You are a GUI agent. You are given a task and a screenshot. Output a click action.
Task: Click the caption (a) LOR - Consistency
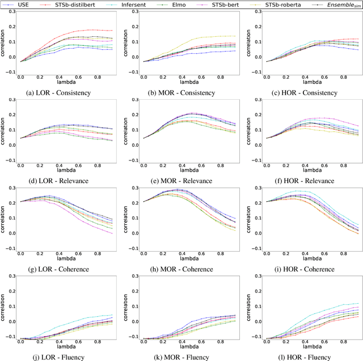(62, 92)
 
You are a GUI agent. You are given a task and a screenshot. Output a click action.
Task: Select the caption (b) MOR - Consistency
(185, 92)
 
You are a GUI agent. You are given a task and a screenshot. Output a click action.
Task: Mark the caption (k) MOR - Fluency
(185, 357)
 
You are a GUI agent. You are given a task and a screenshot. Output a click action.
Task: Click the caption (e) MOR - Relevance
(185, 181)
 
